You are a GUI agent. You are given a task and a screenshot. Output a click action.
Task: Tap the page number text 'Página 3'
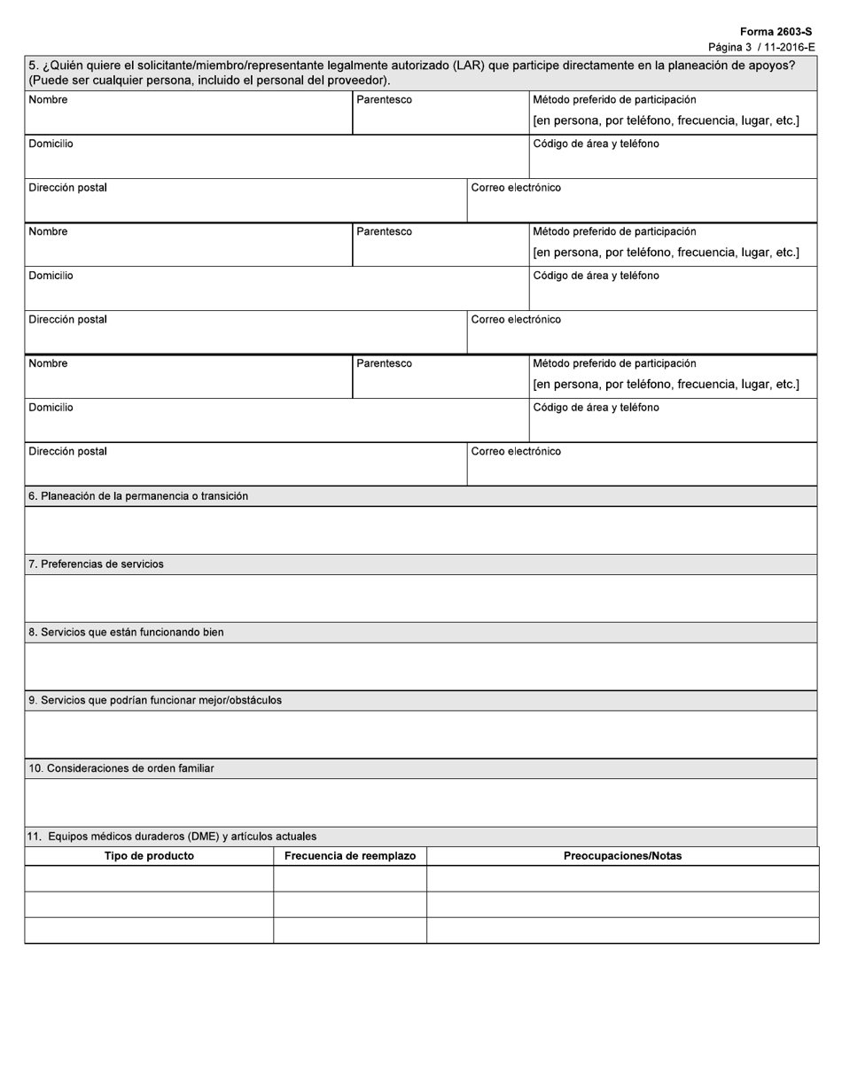tap(729, 47)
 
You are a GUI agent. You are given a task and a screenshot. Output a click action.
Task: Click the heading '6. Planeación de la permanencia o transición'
tap(138, 496)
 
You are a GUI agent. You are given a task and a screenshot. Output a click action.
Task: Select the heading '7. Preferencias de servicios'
tap(96, 564)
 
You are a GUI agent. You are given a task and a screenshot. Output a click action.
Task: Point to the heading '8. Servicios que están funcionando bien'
tap(126, 632)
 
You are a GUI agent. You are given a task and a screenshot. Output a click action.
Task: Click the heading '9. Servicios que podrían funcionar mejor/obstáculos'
tap(155, 700)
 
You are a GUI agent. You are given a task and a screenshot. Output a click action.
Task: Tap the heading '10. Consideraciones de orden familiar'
tap(121, 768)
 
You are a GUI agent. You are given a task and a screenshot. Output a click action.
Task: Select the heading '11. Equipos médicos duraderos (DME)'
tap(172, 836)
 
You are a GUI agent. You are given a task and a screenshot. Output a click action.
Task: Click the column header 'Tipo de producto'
tap(149, 856)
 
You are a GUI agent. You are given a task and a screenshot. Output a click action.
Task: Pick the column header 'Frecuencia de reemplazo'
tap(349, 856)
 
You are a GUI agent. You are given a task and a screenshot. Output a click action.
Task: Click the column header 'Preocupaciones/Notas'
tap(622, 856)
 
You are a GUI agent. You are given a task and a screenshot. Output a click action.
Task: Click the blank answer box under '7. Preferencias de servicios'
tap(421, 598)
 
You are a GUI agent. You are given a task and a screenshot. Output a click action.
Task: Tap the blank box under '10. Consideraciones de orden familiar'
tap(421, 802)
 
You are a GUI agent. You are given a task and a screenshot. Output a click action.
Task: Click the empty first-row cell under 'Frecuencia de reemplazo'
tap(349, 878)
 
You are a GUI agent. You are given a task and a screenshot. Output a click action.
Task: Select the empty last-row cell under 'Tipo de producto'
tap(149, 930)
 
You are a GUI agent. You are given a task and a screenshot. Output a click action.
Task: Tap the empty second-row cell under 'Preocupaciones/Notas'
tap(622, 904)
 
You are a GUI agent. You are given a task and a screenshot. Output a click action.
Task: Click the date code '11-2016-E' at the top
tap(787, 47)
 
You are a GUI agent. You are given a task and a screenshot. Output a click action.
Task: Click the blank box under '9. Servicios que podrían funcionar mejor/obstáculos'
tap(421, 734)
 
